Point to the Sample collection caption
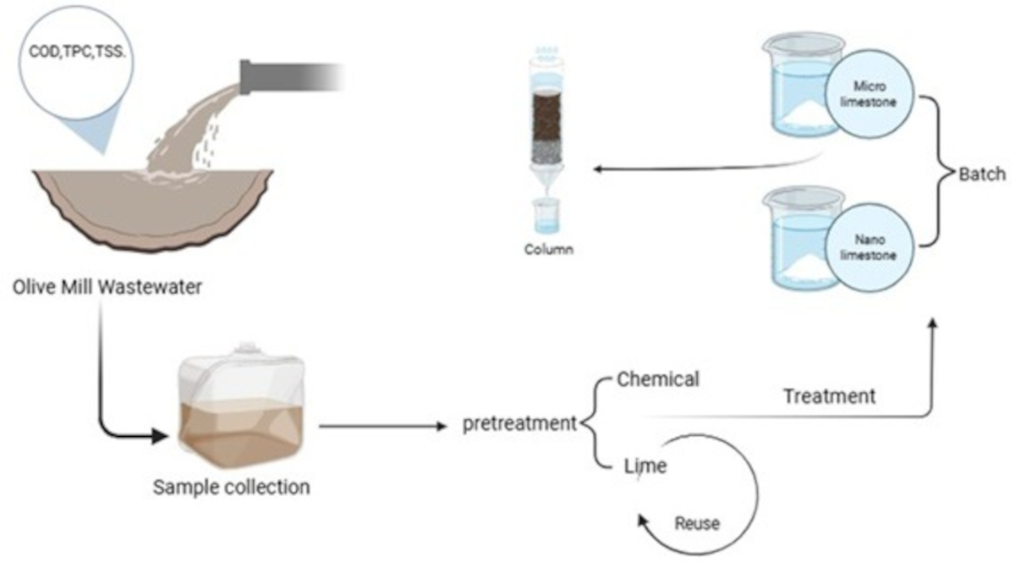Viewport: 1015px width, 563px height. point(231,488)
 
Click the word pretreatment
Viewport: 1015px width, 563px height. point(518,423)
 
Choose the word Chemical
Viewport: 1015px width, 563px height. point(658,379)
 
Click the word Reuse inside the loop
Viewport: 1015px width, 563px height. point(696,524)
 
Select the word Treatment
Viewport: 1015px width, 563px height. point(829,395)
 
